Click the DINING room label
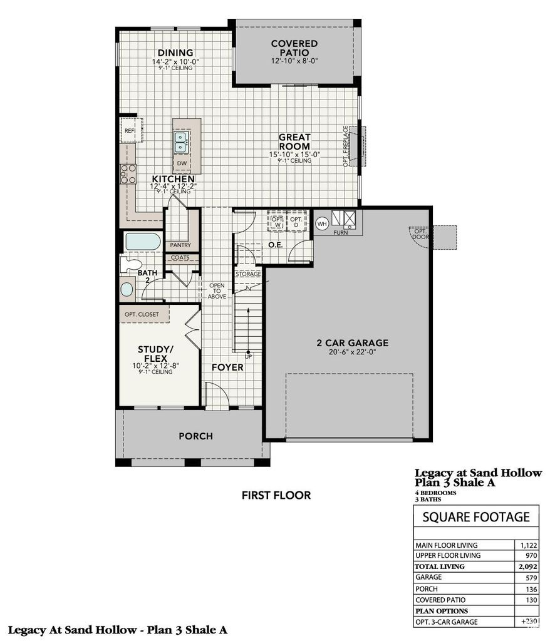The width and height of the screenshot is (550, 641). pyautogui.click(x=175, y=53)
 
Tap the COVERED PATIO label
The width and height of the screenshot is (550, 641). pyautogui.click(x=294, y=48)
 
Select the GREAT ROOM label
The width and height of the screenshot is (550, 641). pyautogui.click(x=294, y=141)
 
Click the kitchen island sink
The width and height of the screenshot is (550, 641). pyautogui.click(x=180, y=142)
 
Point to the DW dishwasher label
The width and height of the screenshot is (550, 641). pyautogui.click(x=181, y=163)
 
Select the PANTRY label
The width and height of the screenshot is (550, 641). pyautogui.click(x=180, y=245)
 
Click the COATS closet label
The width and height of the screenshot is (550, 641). pyautogui.click(x=180, y=257)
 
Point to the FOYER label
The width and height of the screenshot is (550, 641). pyautogui.click(x=227, y=367)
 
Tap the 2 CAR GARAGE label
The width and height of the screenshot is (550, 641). pyautogui.click(x=352, y=343)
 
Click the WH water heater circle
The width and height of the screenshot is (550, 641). pyautogui.click(x=322, y=223)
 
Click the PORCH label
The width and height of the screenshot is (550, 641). pyautogui.click(x=195, y=436)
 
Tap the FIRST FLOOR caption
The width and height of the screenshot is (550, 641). pyautogui.click(x=276, y=495)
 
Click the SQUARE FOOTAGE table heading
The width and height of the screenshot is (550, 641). pyautogui.click(x=476, y=517)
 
